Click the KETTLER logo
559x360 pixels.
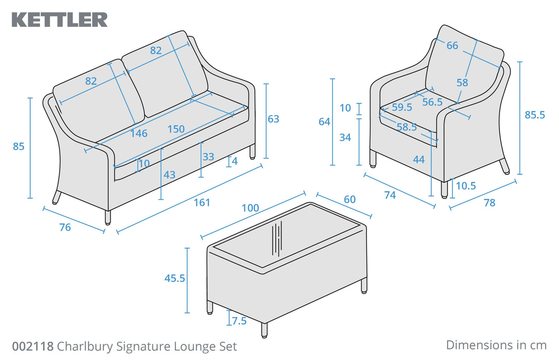coord(59,20)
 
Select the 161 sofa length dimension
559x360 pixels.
coord(202,202)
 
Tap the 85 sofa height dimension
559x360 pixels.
coord(18,147)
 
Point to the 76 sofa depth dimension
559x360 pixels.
coord(65,227)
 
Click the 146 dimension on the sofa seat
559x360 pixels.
coord(139,134)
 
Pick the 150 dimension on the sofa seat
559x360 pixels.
coord(176,129)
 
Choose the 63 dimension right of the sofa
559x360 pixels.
coord(274,119)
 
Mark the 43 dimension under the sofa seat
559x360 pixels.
coord(169,175)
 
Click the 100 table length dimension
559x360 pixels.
coord(250,208)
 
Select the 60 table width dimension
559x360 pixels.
coord(349,199)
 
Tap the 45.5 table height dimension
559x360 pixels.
coord(175,278)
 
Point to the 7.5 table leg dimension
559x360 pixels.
coord(239,321)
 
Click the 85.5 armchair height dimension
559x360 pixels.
coord(535,115)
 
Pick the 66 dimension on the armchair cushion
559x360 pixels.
coord(452,46)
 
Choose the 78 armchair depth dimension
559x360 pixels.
coord(489,203)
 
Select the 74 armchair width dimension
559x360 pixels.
coord(390,195)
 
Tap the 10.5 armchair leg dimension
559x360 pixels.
coord(466,186)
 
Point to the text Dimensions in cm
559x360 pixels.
coord(496,345)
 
